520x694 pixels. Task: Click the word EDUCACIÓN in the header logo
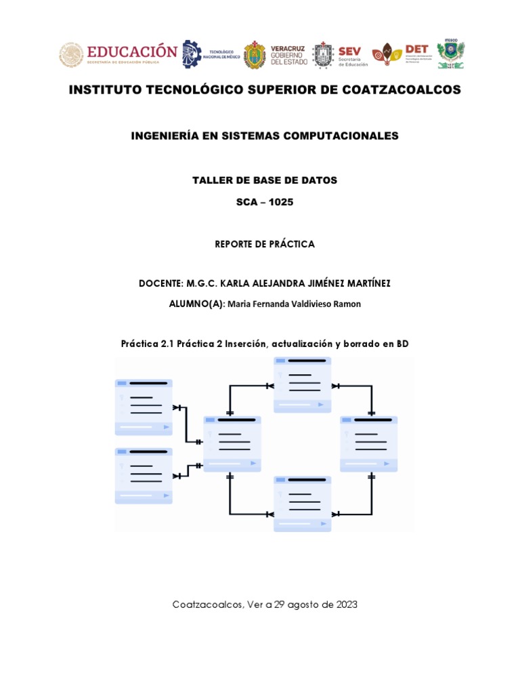[x=131, y=52]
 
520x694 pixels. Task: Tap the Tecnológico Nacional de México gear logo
[x=192, y=54]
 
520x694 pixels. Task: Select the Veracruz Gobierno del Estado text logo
[x=289, y=54]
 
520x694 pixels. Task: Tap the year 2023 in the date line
[x=343, y=605]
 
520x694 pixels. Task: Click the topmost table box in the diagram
[x=303, y=384]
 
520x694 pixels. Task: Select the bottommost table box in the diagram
[x=303, y=503]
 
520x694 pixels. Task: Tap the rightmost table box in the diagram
[x=369, y=443]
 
